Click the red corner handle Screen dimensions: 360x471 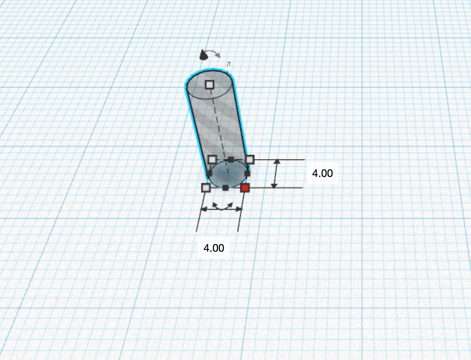pyautogui.click(x=245, y=188)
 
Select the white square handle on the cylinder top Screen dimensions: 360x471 pyautogui.click(x=209, y=84)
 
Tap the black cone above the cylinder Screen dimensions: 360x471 pyautogui.click(x=203, y=56)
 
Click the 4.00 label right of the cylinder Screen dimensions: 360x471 pyautogui.click(x=322, y=173)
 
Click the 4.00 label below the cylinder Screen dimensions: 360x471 pyautogui.click(x=214, y=248)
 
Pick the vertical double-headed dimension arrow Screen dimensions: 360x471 pyautogui.click(x=275, y=174)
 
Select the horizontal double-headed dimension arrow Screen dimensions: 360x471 pyautogui.click(x=221, y=209)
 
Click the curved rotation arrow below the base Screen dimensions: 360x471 pyautogui.click(x=223, y=206)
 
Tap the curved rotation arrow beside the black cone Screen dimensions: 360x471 pyautogui.click(x=215, y=54)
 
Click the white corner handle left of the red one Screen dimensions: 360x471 pyautogui.click(x=206, y=188)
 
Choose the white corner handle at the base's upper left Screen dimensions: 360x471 pyautogui.click(x=212, y=159)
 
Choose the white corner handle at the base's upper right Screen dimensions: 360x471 pyautogui.click(x=249, y=159)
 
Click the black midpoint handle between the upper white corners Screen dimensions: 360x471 pyautogui.click(x=231, y=159)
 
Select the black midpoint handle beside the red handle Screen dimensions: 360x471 pyautogui.click(x=226, y=188)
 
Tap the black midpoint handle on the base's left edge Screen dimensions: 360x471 pyautogui.click(x=209, y=174)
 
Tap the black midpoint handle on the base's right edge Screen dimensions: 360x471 pyautogui.click(x=247, y=174)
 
